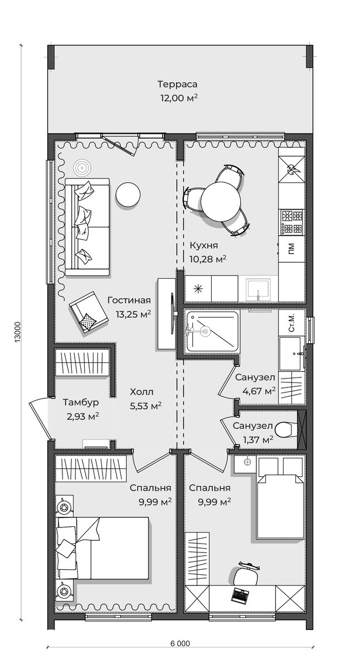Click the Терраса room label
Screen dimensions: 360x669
click(x=177, y=84)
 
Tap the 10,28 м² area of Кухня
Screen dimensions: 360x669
click(x=208, y=258)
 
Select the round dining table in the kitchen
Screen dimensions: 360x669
click(x=221, y=201)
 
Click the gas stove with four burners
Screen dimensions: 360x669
click(x=291, y=221)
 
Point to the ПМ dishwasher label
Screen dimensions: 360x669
click(x=291, y=248)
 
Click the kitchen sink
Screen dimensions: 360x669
click(x=259, y=289)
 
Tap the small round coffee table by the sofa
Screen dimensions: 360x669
click(x=128, y=194)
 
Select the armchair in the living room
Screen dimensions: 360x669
click(x=88, y=311)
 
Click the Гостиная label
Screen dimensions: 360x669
click(x=129, y=300)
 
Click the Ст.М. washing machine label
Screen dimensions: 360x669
click(x=291, y=323)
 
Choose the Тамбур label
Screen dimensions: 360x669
click(x=81, y=402)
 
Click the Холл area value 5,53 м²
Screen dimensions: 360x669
click(x=145, y=406)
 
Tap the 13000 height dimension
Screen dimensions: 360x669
click(x=17, y=331)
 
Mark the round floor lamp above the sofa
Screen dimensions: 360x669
click(x=81, y=168)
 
